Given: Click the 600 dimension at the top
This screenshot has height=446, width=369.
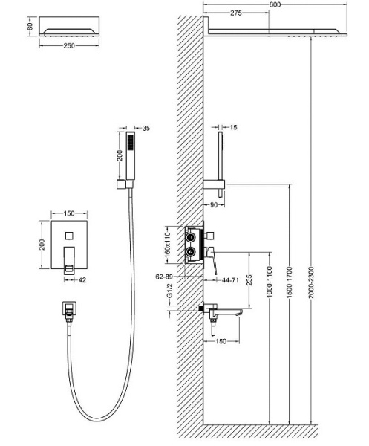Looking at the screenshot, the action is (x=275, y=4).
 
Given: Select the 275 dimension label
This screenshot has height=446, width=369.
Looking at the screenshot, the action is (x=235, y=13).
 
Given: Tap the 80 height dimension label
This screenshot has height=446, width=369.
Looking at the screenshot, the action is (x=30, y=26).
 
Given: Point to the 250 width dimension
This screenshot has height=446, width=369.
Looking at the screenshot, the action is (x=69, y=46).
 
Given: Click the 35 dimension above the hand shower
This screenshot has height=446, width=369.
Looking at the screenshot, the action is (x=146, y=129).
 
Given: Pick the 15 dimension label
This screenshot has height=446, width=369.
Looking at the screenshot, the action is (x=233, y=127).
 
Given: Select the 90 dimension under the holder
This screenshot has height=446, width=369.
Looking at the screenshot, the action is (x=214, y=205).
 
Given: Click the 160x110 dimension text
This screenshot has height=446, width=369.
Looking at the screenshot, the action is (x=167, y=243).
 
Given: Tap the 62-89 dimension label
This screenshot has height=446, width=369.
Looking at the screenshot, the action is (x=164, y=277).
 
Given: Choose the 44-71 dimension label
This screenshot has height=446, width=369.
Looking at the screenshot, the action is (x=230, y=280).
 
